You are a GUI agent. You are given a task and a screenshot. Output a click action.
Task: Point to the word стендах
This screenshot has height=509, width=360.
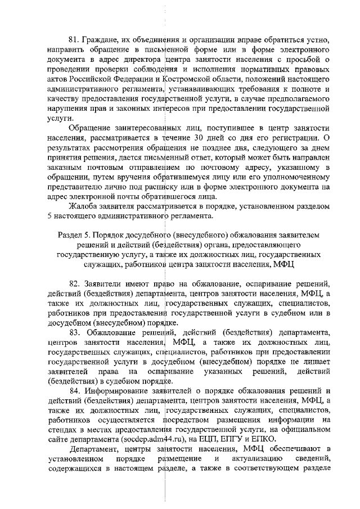click(x=62, y=429)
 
